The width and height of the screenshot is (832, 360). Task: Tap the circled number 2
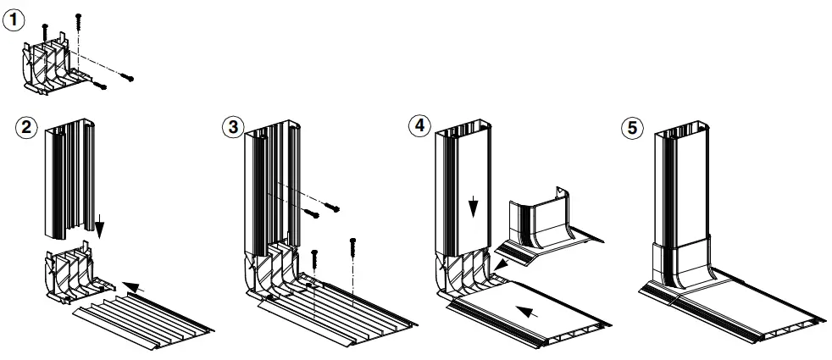[x=27, y=129]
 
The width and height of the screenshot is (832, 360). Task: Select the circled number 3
[x=230, y=129]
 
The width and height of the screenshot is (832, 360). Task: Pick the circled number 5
[x=631, y=129]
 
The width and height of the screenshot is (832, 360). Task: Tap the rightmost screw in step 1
[x=128, y=78]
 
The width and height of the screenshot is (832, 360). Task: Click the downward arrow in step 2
[x=100, y=226]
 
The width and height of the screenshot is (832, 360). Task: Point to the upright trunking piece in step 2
[x=68, y=178]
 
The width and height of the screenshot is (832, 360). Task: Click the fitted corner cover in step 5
[x=682, y=263]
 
